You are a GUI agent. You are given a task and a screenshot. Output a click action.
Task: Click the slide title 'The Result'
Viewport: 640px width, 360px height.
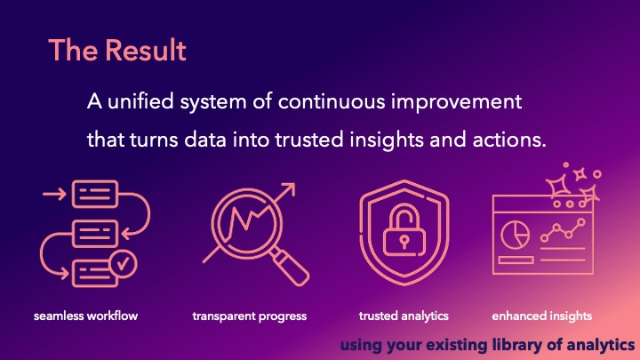click(117, 50)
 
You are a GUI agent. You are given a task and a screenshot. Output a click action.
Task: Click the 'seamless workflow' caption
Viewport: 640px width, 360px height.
click(86, 316)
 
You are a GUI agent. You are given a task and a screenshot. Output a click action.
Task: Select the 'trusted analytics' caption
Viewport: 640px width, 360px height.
click(404, 316)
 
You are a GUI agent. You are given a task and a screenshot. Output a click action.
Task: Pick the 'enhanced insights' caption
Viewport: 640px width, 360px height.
click(541, 316)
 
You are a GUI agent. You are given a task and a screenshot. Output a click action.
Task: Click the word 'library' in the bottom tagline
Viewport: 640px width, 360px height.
click(502, 343)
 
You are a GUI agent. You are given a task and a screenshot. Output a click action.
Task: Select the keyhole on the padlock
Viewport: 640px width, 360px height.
click(404, 240)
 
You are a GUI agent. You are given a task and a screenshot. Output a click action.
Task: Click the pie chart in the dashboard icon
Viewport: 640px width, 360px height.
click(516, 233)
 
